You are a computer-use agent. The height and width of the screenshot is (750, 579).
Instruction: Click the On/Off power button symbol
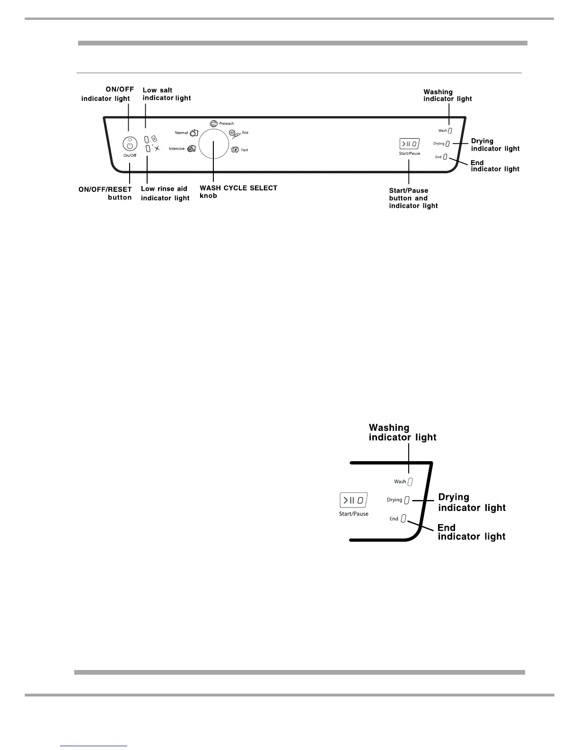[x=130, y=144]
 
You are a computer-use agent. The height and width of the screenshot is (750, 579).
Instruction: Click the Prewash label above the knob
[x=226, y=124]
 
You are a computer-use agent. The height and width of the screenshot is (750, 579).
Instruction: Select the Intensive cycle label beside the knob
[x=177, y=149]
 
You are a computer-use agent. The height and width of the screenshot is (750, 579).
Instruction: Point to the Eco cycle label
[x=245, y=133]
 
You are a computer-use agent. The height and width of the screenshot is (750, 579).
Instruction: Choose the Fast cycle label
[x=245, y=150]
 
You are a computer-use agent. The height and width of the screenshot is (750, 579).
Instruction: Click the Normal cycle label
[x=181, y=133]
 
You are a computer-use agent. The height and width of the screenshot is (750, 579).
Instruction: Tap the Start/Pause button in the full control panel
[x=410, y=143]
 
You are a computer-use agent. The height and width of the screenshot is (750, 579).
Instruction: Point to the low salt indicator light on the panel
[x=147, y=139]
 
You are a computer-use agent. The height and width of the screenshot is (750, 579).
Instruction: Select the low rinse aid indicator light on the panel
[x=148, y=149]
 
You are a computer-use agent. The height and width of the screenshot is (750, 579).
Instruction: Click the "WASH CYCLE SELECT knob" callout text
[x=238, y=192]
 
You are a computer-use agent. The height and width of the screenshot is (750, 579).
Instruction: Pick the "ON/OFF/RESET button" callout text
[x=105, y=193]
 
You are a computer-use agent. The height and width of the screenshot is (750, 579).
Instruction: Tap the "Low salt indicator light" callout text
[x=167, y=94]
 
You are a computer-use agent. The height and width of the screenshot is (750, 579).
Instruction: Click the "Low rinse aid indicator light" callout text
[x=165, y=193]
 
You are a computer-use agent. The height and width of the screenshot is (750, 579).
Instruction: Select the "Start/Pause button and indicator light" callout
[x=413, y=198]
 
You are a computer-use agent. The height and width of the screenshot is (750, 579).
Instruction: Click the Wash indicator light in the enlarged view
[x=410, y=482]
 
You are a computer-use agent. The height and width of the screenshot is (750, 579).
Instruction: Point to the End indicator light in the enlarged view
[x=404, y=518]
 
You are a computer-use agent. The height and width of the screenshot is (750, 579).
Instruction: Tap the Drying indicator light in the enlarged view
[x=407, y=500]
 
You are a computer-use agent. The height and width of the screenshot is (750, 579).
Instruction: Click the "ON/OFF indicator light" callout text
[x=105, y=94]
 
